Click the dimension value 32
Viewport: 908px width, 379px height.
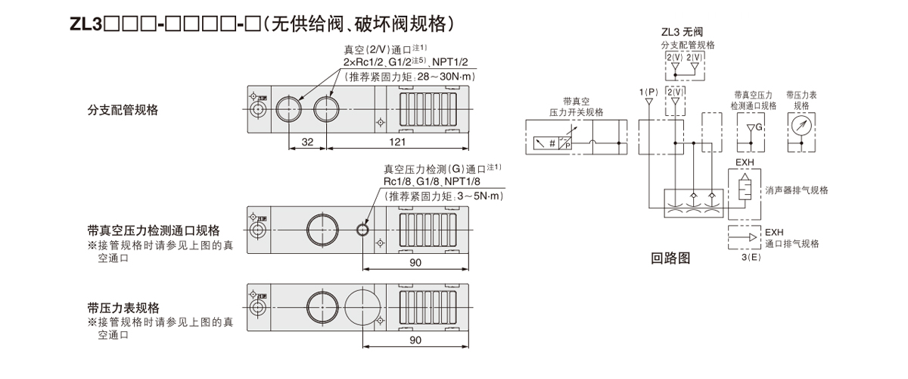click(x=307, y=142)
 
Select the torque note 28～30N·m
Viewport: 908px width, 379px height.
click(x=442, y=77)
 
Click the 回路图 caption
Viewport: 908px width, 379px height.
click(x=671, y=258)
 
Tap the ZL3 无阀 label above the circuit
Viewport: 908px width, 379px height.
click(x=683, y=33)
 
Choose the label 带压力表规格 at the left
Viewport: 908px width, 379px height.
click(x=123, y=308)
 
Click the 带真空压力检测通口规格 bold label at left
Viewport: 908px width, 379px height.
click(x=154, y=230)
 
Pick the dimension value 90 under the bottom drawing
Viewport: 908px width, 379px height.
click(x=415, y=340)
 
